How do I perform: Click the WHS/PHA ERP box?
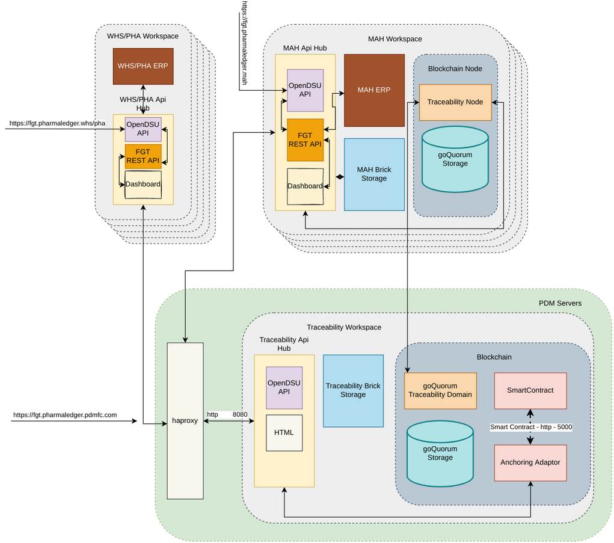pyautogui.click(x=143, y=66)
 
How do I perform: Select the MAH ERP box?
pyautogui.click(x=374, y=90)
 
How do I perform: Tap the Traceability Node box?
pyautogui.click(x=455, y=102)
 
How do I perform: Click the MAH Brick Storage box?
pyautogui.click(x=374, y=174)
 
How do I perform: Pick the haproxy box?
pyautogui.click(x=185, y=420)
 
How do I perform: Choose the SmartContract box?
pyautogui.click(x=530, y=390)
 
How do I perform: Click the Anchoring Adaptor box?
pyautogui.click(x=530, y=462)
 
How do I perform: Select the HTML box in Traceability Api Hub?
pyautogui.click(x=284, y=432)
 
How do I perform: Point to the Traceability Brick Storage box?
pyautogui.click(x=353, y=390)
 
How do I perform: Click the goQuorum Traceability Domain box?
pyautogui.click(x=440, y=390)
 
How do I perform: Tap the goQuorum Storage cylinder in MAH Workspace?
pyautogui.click(x=455, y=159)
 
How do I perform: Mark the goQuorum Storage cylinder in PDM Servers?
pyautogui.click(x=440, y=453)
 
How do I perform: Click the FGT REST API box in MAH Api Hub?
pyautogui.click(x=305, y=140)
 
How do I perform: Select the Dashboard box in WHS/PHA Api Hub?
pyautogui.click(x=143, y=184)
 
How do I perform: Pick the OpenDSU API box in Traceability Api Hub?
pyautogui.click(x=284, y=387)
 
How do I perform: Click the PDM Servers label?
pyautogui.click(x=560, y=303)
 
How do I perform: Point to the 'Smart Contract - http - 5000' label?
pyautogui.click(x=530, y=427)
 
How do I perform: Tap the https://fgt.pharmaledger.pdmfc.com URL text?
pyautogui.click(x=66, y=415)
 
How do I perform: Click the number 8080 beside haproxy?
pyautogui.click(x=241, y=415)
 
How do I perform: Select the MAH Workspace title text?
pyautogui.click(x=394, y=39)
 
